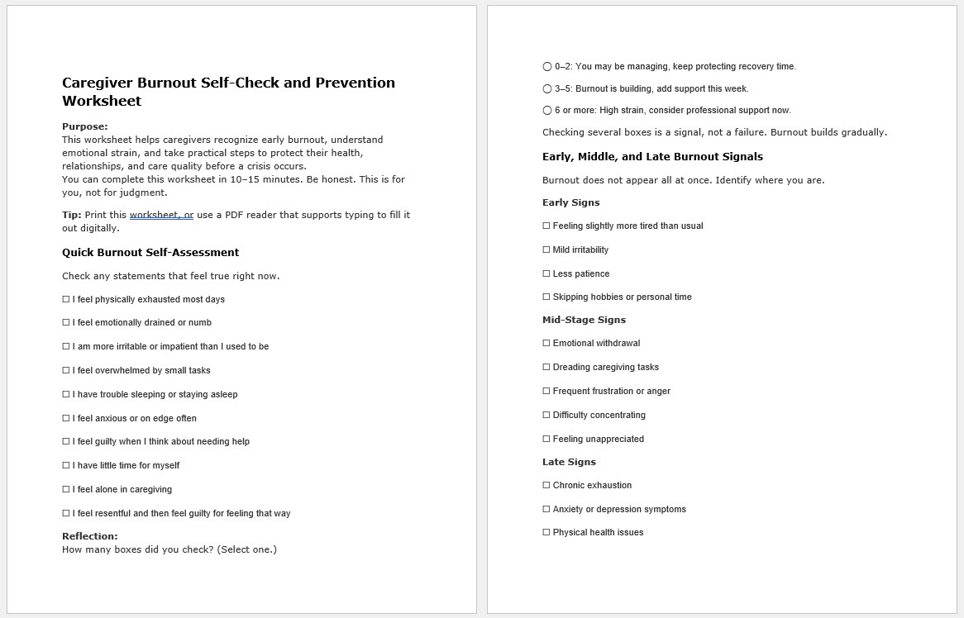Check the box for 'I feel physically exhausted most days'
[x=66, y=300]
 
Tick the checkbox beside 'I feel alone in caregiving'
[x=66, y=490]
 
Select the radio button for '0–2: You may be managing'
[x=547, y=67]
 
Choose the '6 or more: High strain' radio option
[x=547, y=111]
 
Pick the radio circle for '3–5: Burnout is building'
[x=547, y=89]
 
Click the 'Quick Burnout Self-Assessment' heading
[x=150, y=253]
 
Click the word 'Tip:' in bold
[x=72, y=215]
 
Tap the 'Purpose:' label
[x=85, y=127]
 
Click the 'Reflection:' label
[x=90, y=536]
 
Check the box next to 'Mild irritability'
[x=546, y=250]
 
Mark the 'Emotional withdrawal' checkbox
[x=546, y=344]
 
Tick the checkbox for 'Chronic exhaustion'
[x=546, y=486]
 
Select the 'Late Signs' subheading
[x=569, y=463]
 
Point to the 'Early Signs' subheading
[x=571, y=202]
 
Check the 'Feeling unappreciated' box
[x=546, y=440]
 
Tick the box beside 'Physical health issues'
[x=546, y=533]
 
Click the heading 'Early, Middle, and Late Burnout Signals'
[x=652, y=157]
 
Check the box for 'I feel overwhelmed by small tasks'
[x=66, y=371]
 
